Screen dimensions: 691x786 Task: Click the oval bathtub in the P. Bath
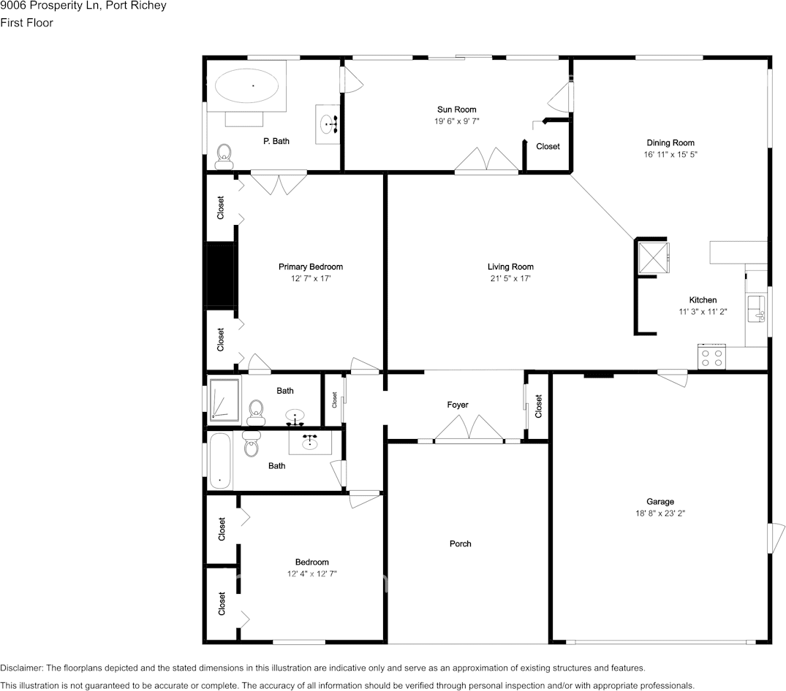tap(246, 87)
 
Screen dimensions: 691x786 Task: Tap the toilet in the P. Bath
tap(224, 154)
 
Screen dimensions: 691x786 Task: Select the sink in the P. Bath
tap(328, 125)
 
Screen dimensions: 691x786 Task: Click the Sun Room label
tap(456, 110)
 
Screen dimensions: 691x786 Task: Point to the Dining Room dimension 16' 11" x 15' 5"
tap(670, 155)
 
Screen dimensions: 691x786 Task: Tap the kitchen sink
tap(755, 311)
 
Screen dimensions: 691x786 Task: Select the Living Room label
tap(510, 267)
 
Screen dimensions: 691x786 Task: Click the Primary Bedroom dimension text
tap(310, 279)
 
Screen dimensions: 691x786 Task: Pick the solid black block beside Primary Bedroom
tap(220, 276)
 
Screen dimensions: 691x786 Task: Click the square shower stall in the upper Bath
tap(224, 400)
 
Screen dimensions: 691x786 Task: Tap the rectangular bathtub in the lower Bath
tap(220, 462)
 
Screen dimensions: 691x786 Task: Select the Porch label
tap(460, 543)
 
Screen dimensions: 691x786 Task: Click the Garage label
tap(660, 502)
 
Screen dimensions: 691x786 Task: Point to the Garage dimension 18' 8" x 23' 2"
tap(660, 514)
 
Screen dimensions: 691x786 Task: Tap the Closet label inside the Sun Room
tap(548, 146)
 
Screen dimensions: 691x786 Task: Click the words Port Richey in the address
tap(137, 6)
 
